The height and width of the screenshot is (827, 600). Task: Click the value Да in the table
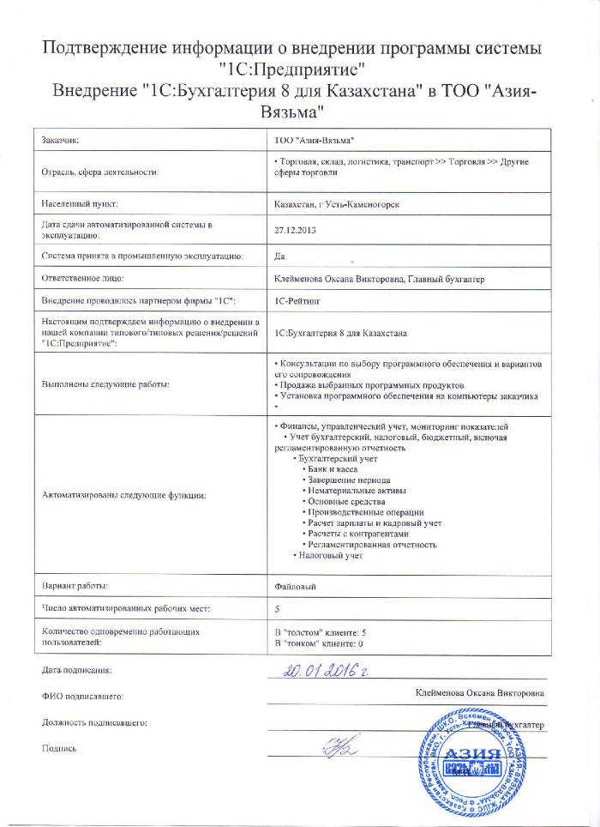tap(278, 256)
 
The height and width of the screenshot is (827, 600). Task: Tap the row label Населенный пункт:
tap(79, 205)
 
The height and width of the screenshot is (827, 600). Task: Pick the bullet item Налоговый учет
tap(328, 555)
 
